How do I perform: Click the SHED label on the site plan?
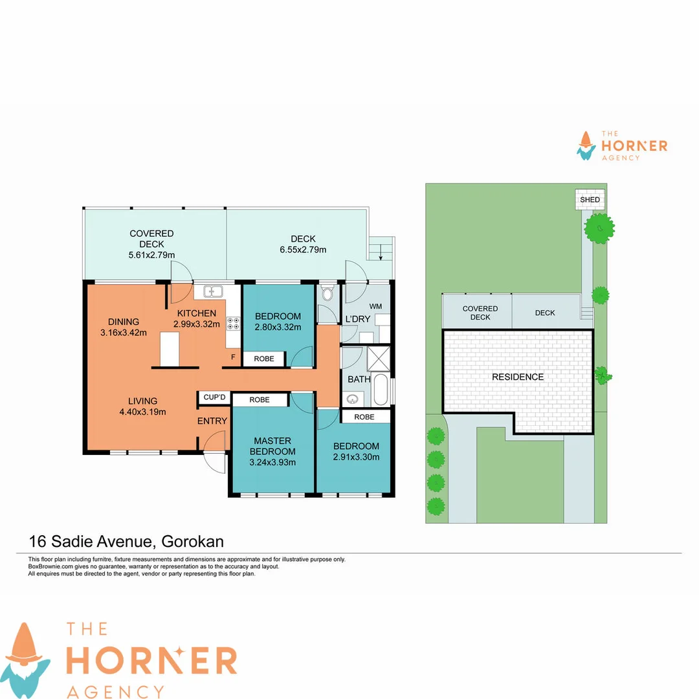[590, 200]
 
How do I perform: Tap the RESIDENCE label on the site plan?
[518, 377]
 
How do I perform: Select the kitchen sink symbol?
[213, 292]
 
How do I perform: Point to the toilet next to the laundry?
[327, 294]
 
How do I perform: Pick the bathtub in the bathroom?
[382, 389]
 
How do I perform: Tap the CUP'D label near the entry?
[214, 397]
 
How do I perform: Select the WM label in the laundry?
[375, 305]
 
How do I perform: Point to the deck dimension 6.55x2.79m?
[303, 250]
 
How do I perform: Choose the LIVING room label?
[142, 401]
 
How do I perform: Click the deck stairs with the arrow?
[381, 249]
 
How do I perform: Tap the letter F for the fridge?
[233, 357]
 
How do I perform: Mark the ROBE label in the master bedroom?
[260, 400]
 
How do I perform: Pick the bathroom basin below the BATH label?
[353, 399]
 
